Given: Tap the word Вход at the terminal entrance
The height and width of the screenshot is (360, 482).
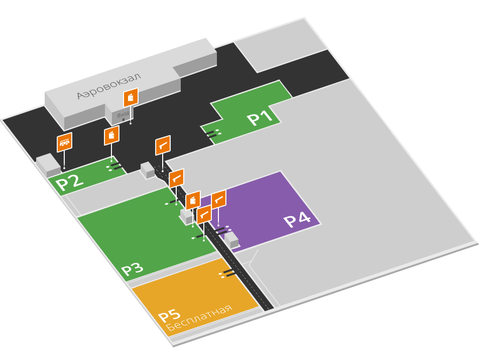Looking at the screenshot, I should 123,115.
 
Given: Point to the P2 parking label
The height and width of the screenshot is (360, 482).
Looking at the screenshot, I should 69,181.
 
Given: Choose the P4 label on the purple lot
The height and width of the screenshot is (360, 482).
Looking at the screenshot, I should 297,220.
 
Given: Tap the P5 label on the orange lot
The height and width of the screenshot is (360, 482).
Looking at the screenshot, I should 169,315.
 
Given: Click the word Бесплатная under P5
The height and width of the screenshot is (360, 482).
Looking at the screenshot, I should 199,318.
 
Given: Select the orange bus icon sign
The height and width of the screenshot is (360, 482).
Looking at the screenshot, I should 64,142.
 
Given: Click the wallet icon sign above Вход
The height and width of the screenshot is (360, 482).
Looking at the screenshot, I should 131,97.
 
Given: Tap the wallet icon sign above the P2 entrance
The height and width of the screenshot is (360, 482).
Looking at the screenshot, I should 111,135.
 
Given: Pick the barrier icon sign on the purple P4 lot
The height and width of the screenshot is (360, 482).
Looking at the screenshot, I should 218,199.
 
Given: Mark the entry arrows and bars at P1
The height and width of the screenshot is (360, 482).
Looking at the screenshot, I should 213,133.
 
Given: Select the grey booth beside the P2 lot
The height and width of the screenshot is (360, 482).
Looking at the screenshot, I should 48,165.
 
